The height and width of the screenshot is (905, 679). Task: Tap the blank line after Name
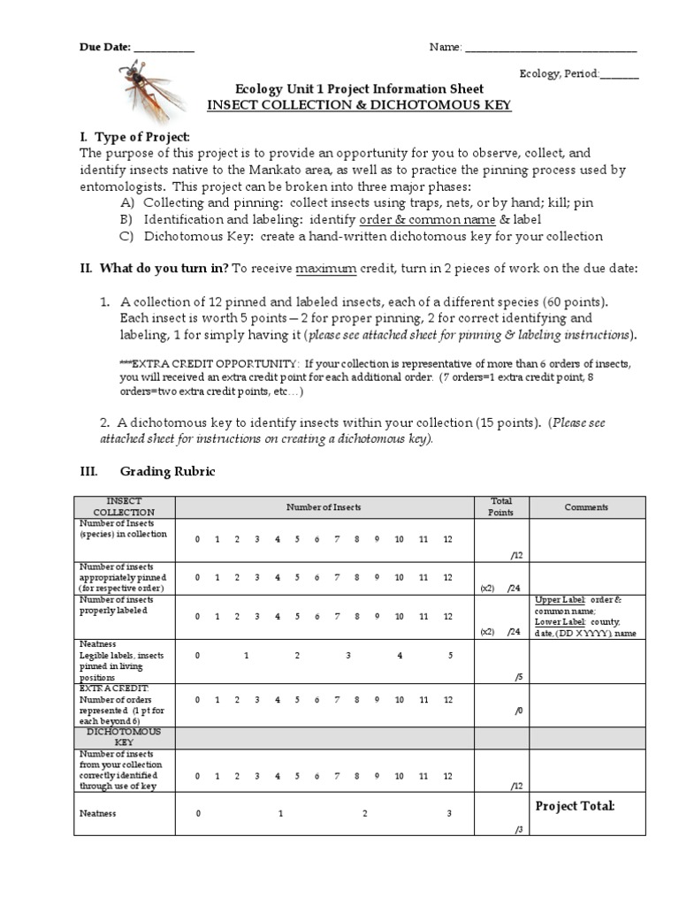(550, 49)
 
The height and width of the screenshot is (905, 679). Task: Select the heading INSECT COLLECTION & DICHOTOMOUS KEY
(359, 105)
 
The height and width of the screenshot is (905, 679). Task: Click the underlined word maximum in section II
(324, 268)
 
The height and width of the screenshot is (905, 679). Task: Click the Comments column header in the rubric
(586, 507)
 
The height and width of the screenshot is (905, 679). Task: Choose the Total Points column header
(500, 506)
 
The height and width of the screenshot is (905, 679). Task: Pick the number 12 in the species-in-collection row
(448, 540)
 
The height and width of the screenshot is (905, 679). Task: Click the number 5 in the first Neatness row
(450, 655)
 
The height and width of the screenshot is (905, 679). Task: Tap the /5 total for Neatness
(518, 678)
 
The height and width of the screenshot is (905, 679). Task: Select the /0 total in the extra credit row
(518, 711)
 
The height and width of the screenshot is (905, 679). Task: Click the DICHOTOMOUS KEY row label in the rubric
(124, 737)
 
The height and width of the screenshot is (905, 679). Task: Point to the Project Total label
(575, 806)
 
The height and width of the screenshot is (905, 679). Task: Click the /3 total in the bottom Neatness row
(518, 829)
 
